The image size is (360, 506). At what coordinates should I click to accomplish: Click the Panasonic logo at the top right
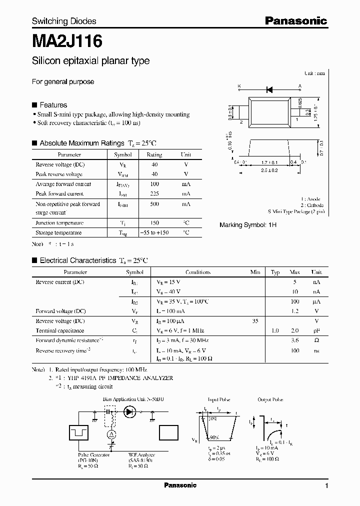(x=295, y=21)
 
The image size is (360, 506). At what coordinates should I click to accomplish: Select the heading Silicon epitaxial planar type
(x=90, y=61)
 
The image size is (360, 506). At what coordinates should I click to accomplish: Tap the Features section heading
(x=53, y=105)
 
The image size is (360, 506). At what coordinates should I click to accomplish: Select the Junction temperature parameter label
(x=59, y=223)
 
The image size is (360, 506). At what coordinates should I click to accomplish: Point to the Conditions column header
(x=197, y=272)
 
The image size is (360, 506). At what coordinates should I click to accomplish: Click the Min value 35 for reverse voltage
(x=255, y=321)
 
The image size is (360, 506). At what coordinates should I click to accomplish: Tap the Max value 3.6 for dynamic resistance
(x=294, y=340)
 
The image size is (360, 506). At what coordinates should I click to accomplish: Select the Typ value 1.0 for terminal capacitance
(x=275, y=330)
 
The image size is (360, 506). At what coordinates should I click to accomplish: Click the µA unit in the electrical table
(x=316, y=301)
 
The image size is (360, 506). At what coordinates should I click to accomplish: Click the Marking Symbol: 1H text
(x=248, y=225)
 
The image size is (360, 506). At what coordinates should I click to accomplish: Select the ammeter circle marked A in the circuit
(x=113, y=432)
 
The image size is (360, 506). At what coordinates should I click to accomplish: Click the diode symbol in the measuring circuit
(x=130, y=412)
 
